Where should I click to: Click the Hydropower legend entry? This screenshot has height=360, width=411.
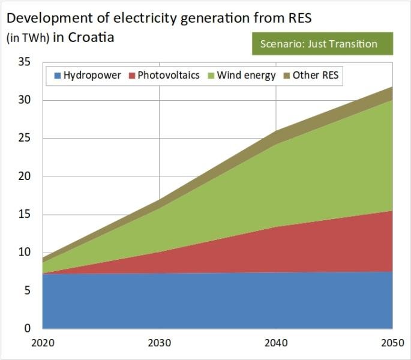point(88,76)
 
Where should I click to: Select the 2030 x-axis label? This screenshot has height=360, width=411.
point(159,344)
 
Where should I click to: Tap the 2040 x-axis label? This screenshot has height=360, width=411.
point(276,344)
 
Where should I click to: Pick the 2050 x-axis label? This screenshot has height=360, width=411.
point(393,344)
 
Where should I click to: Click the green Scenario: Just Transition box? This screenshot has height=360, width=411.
point(322,44)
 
